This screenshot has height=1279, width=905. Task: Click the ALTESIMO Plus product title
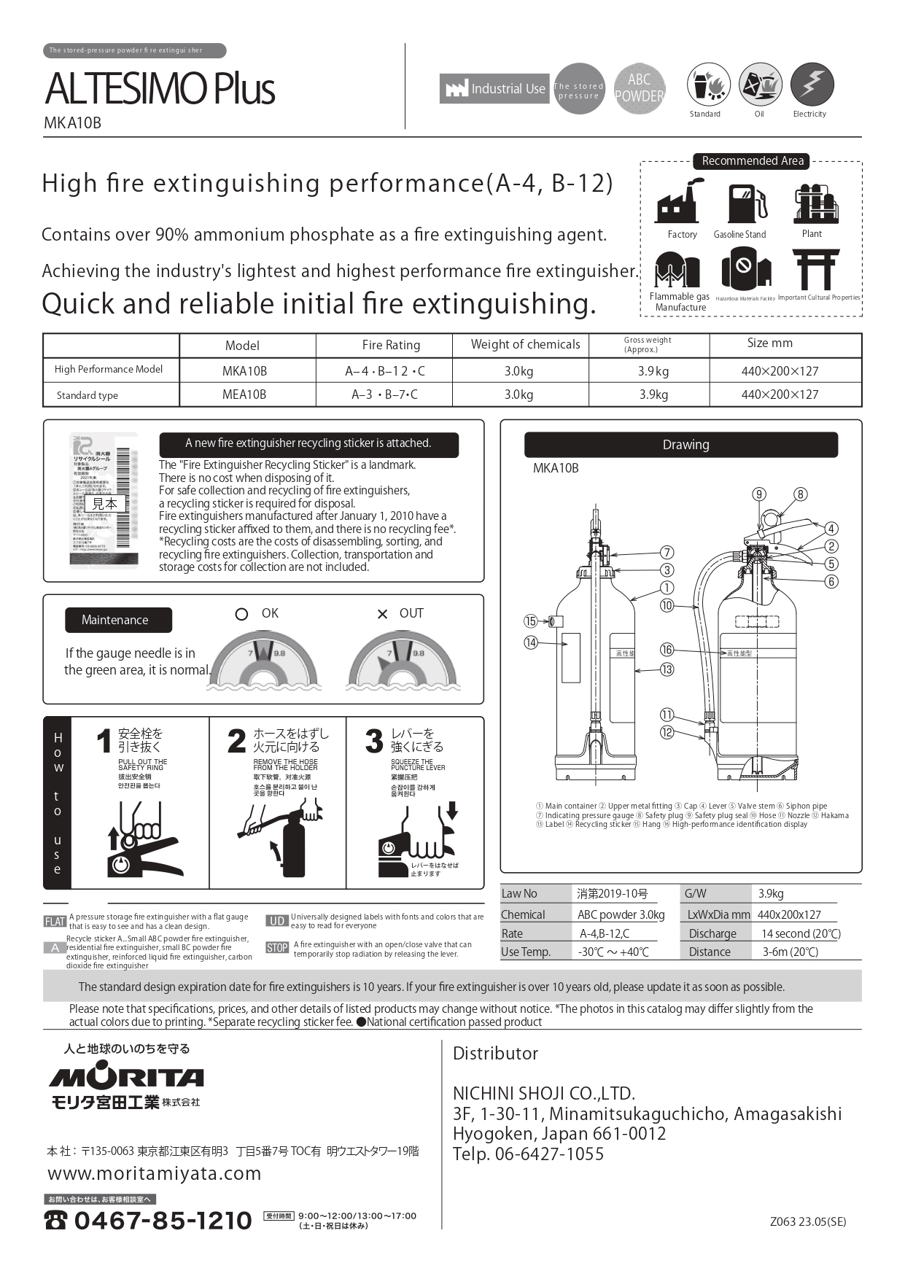click(160, 89)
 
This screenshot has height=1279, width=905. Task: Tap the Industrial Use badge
click(494, 89)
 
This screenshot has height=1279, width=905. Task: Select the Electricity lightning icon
click(811, 84)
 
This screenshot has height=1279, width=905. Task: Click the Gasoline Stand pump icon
click(747, 203)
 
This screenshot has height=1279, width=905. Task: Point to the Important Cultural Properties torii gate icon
click(816, 270)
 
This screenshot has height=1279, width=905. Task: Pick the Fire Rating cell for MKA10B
click(384, 371)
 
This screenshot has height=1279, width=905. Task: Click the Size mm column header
click(769, 343)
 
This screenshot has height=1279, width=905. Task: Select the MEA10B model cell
click(244, 394)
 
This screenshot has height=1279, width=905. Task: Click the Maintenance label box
click(118, 620)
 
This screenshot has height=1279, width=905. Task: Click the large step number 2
click(236, 742)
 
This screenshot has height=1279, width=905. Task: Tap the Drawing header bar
click(680, 445)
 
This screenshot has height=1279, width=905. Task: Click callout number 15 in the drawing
click(530, 621)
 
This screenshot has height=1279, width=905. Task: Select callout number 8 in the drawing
click(800, 494)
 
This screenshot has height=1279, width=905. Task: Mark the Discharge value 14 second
click(801, 933)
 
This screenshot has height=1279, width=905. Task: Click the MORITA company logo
click(126, 1077)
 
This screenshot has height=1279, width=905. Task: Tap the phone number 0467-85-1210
click(163, 1220)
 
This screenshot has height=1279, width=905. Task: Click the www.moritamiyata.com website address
click(155, 1173)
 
